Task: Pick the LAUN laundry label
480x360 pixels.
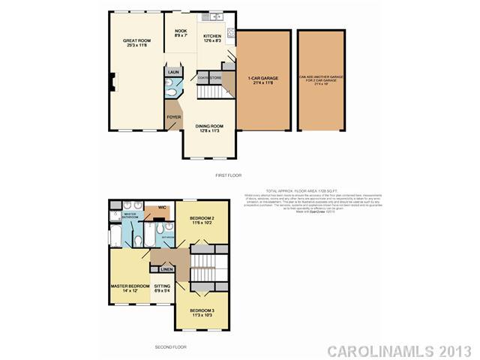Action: [173, 73]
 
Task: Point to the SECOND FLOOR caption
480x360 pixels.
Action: [170, 346]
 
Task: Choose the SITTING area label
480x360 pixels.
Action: [162, 286]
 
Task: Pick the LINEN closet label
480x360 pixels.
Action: [166, 268]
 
